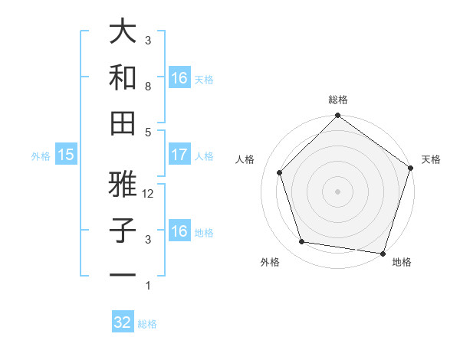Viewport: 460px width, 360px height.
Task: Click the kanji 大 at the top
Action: pos(123,31)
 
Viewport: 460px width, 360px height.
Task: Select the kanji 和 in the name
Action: pos(123,77)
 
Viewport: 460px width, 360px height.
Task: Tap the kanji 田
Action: pos(123,123)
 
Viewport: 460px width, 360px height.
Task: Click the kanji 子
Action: pos(123,231)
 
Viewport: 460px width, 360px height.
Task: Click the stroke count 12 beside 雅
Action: pos(149,195)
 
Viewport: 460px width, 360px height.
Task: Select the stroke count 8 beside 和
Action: pos(148,87)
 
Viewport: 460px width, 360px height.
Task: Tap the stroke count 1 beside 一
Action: pos(148,286)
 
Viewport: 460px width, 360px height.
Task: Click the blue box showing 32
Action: pos(123,322)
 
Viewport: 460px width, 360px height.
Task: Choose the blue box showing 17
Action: pos(179,155)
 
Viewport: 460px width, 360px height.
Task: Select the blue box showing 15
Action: pos(66,155)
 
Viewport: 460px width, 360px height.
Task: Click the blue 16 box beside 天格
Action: pos(179,78)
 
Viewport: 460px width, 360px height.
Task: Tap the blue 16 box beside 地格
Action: pos(179,232)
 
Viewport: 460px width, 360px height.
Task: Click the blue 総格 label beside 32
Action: pos(148,324)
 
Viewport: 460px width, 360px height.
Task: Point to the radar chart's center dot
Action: pos(337,191)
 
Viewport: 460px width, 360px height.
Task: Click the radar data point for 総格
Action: pos(337,116)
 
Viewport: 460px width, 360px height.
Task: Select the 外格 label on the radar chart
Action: pos(270,262)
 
